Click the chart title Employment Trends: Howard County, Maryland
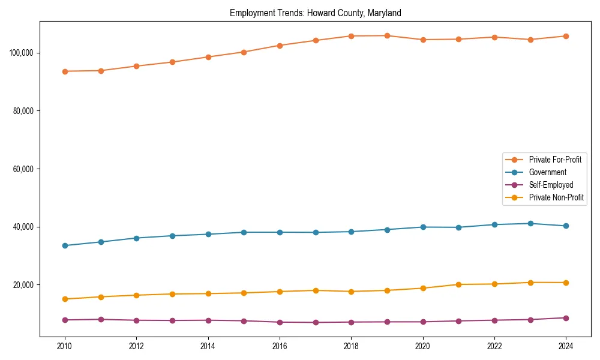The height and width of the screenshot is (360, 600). point(315,13)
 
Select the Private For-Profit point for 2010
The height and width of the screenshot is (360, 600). point(65,71)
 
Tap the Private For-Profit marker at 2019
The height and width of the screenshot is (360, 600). point(387,35)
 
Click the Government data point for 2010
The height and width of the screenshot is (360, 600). point(65,245)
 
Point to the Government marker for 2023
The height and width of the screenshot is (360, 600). point(530,223)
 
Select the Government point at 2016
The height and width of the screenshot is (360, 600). point(280,232)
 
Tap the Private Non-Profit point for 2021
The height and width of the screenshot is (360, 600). point(458,284)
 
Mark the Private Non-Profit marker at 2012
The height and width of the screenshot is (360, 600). point(136,295)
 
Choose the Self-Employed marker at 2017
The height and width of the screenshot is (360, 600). point(316,322)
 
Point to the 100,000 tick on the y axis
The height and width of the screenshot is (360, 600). point(22,53)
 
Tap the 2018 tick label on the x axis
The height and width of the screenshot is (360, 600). point(351,346)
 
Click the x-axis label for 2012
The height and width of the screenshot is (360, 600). point(136,346)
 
